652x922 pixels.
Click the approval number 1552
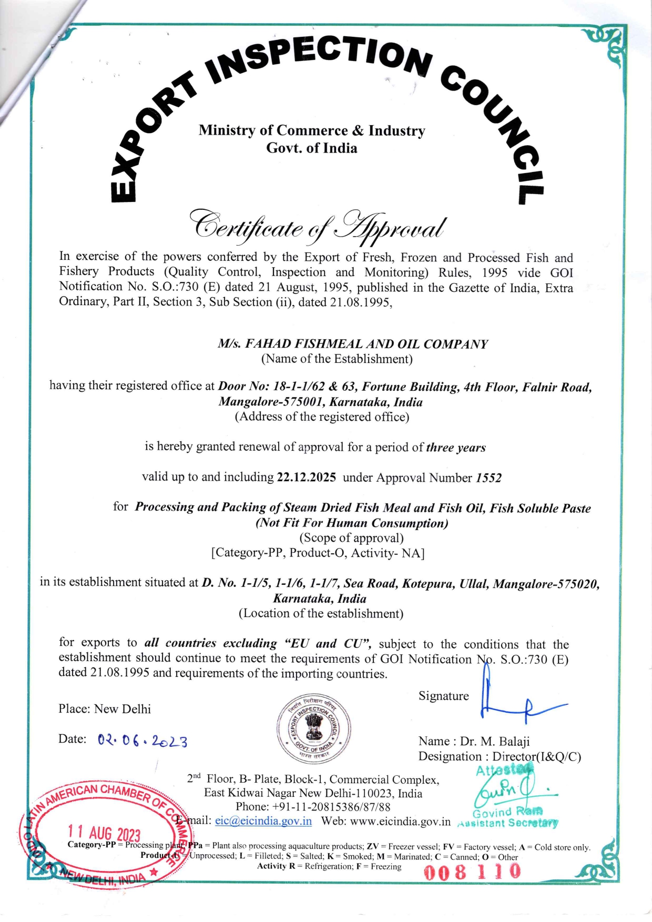[488, 478]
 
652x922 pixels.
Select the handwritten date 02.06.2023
[142, 741]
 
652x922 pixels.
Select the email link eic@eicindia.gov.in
[263, 821]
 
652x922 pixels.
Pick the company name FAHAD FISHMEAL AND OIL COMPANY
[353, 344]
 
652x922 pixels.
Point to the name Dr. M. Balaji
[495, 741]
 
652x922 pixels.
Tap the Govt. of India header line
[311, 148]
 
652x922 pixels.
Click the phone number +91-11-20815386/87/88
[313, 807]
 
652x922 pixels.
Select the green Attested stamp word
[504, 771]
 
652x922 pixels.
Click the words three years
[456, 448]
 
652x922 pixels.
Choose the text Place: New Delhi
[105, 709]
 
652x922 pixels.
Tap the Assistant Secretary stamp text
[508, 823]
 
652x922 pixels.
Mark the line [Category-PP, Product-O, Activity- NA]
[318, 553]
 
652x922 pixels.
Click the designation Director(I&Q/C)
[537, 756]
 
